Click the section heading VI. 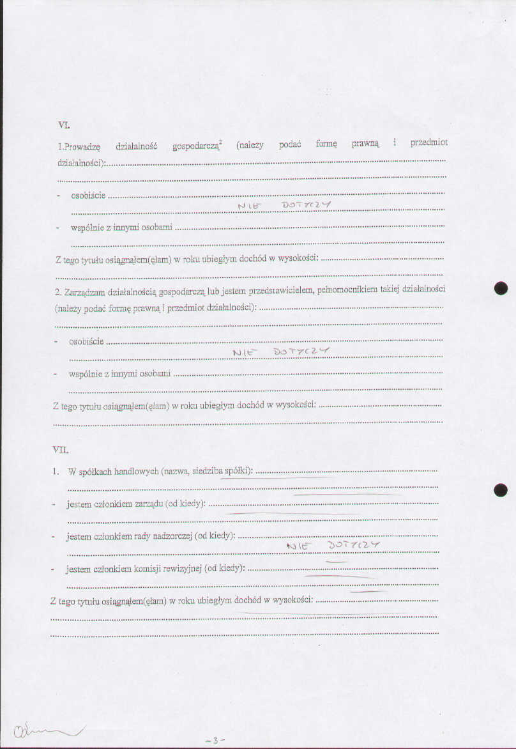point(64,125)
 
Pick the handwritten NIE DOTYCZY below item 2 point(281,351)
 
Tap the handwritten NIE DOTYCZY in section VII point(333,545)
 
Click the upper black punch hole point(501,288)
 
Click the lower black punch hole point(501,490)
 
